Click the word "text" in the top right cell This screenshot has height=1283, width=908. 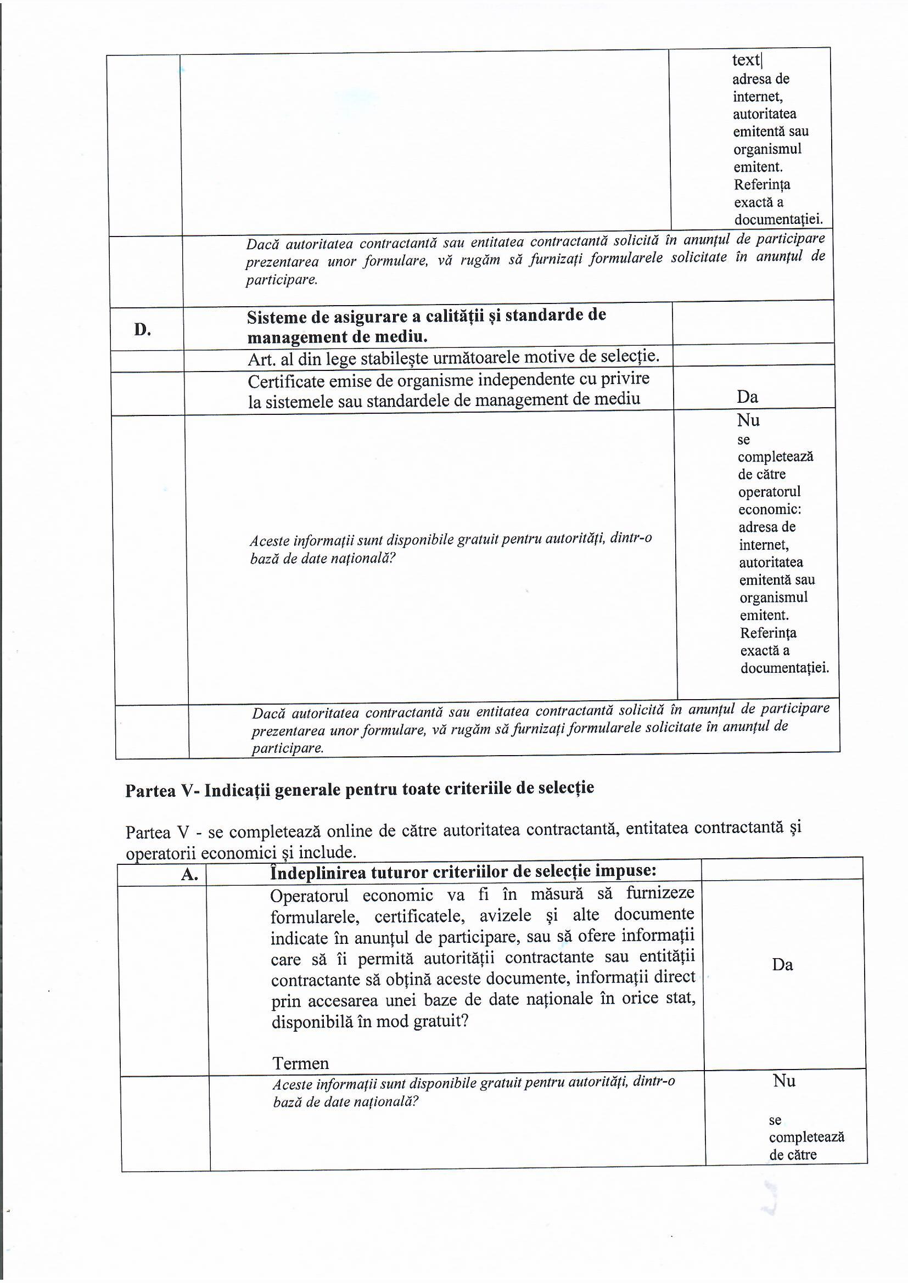point(746,60)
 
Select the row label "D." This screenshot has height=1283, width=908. point(143,330)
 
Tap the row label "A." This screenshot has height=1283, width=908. point(190,875)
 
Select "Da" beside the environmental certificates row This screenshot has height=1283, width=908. point(747,397)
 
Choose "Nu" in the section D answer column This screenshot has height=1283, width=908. point(748,420)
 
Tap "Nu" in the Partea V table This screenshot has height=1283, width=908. point(784,1081)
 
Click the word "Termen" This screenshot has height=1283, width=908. point(300,1063)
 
